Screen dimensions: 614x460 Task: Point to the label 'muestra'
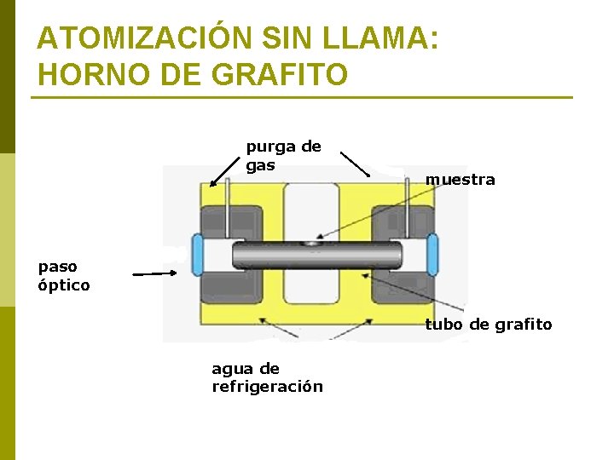coord(460,180)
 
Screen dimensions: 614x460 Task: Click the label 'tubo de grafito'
coord(488,325)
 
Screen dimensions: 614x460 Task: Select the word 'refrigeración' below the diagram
coord(267,387)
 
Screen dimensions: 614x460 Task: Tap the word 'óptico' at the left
coord(63,285)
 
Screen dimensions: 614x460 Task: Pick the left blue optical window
coord(198,255)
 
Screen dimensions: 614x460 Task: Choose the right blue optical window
coord(432,254)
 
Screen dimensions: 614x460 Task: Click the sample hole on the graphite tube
coord(314,244)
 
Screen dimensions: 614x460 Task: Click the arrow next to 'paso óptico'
coord(154,273)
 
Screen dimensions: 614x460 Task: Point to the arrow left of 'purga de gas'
coord(224,170)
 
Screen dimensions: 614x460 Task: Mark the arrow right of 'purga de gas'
coord(354,164)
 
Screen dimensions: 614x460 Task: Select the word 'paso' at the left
coord(57,267)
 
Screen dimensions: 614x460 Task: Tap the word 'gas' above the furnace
coord(260,165)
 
